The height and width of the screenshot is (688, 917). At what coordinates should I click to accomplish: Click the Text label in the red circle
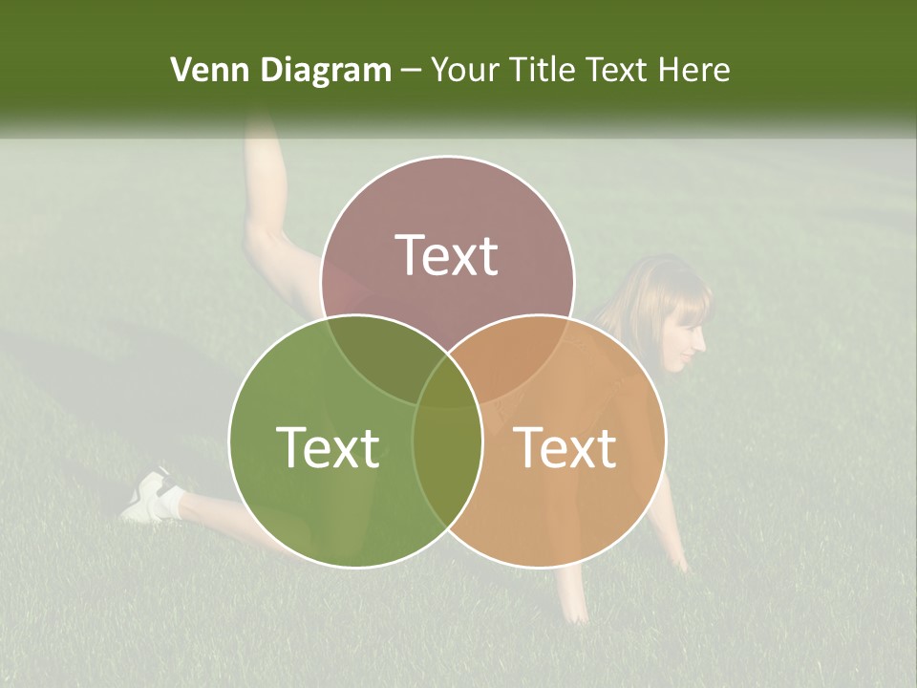pyautogui.click(x=447, y=255)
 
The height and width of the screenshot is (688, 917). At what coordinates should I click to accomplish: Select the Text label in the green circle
pyautogui.click(x=328, y=446)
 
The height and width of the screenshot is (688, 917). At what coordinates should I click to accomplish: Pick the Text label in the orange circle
pyautogui.click(x=565, y=446)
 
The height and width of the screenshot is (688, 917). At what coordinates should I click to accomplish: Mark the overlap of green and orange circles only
pyautogui.click(x=447, y=478)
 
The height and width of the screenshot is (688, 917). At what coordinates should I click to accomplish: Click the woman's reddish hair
pyautogui.click(x=659, y=287)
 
